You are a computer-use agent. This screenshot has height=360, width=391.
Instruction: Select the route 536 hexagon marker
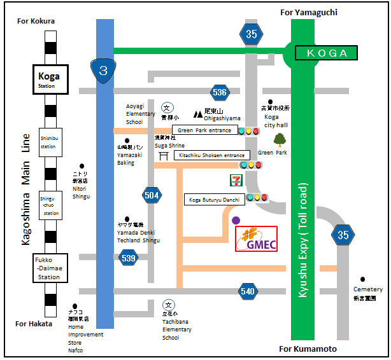219,92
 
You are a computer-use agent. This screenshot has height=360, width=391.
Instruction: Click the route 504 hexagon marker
152,195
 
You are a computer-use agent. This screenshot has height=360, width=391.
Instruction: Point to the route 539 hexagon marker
129,257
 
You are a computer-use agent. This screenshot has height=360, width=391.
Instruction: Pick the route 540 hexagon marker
248,291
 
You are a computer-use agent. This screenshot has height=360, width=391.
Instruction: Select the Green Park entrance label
204,130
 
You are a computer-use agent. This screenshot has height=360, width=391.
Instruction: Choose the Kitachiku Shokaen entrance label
211,155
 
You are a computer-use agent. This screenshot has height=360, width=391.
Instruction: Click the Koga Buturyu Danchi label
214,199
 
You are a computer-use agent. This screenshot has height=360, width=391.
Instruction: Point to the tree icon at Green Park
279,141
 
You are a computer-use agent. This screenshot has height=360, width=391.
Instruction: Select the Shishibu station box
49,141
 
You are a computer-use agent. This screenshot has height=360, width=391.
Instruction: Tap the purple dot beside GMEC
237,220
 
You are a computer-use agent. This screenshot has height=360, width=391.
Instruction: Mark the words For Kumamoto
308,349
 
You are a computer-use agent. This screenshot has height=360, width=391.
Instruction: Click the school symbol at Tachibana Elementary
168,304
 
